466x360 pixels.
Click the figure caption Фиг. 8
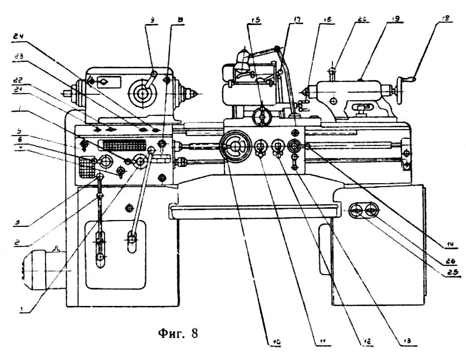pos(178,334)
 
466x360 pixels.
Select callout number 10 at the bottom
pos(276,340)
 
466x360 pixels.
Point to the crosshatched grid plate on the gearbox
pos(86,167)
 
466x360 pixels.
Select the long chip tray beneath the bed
pos(252,211)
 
